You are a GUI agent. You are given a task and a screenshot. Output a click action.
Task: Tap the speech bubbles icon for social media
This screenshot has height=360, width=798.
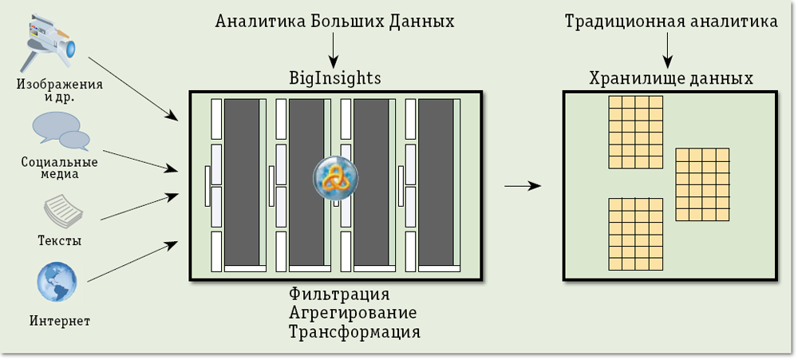click(x=61, y=131)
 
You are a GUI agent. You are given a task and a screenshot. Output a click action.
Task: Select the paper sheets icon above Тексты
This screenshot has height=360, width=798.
click(x=61, y=212)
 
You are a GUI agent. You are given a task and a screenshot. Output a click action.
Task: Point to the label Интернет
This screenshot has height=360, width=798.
click(x=60, y=322)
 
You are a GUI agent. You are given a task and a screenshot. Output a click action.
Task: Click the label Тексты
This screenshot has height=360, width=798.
click(x=60, y=239)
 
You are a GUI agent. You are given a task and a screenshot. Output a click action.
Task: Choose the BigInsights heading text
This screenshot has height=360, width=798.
click(x=334, y=78)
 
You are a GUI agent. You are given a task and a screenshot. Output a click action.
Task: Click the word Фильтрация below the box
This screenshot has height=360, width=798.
click(x=339, y=294)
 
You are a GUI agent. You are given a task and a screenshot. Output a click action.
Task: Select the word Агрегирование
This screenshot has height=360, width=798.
click(x=353, y=312)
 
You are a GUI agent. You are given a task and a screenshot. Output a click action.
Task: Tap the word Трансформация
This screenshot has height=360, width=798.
click(x=354, y=330)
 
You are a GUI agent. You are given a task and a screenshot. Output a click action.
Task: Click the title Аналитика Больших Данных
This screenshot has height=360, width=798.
click(x=335, y=22)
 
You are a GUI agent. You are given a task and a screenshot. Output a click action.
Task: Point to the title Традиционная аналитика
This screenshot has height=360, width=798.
click(x=671, y=22)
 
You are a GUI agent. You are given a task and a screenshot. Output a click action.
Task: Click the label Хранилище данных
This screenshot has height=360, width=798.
click(x=671, y=79)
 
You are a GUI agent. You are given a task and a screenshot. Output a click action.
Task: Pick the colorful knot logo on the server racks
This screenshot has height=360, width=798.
click(x=334, y=179)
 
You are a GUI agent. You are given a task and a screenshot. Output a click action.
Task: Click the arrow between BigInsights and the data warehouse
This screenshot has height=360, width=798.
click(x=523, y=186)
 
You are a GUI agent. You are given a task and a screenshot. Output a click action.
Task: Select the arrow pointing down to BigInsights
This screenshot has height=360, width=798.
click(x=334, y=50)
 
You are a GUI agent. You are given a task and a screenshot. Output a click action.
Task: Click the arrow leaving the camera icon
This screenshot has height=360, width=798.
click(x=132, y=89)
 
